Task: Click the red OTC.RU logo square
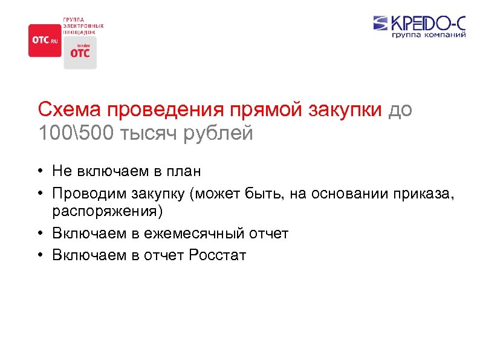tap(45, 40)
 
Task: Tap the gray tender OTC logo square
tap(80, 53)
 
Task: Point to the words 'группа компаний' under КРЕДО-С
tap(429, 36)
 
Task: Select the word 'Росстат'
tap(218, 255)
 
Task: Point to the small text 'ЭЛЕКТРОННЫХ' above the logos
tap(83, 25)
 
